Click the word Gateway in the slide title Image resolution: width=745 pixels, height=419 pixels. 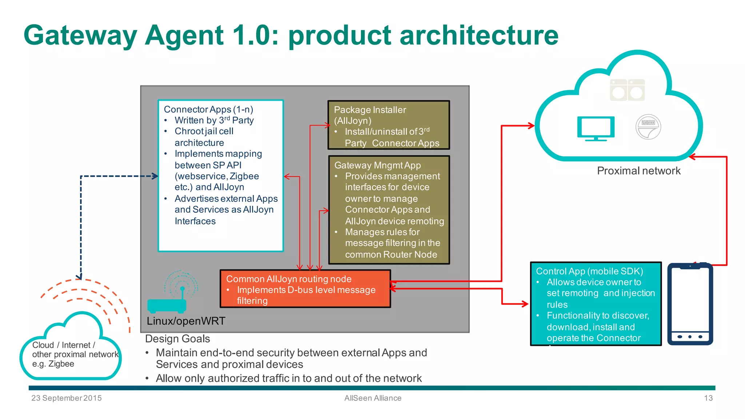click(80, 35)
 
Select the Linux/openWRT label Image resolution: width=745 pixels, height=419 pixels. click(186, 321)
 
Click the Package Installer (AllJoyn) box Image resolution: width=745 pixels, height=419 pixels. click(389, 125)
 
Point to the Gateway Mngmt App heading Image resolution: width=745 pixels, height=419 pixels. click(377, 165)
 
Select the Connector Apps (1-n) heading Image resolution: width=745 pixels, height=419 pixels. click(208, 109)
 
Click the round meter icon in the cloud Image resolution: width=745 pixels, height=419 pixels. click(648, 127)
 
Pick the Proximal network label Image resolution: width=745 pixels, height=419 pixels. click(638, 171)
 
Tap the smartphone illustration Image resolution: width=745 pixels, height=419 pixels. click(690, 304)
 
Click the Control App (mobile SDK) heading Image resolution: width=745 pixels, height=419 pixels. click(589, 271)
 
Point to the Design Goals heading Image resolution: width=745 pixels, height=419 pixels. click(178, 339)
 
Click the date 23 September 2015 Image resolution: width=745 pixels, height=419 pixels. click(67, 398)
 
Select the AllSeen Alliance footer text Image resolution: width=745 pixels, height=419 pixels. click(373, 398)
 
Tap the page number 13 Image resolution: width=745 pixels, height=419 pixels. click(708, 398)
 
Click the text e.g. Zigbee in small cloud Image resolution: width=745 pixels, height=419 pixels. click(53, 364)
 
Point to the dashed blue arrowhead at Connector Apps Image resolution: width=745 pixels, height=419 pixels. click(155, 176)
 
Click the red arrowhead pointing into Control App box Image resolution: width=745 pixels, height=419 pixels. click(525, 304)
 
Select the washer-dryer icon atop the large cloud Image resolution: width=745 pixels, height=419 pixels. click(627, 90)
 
